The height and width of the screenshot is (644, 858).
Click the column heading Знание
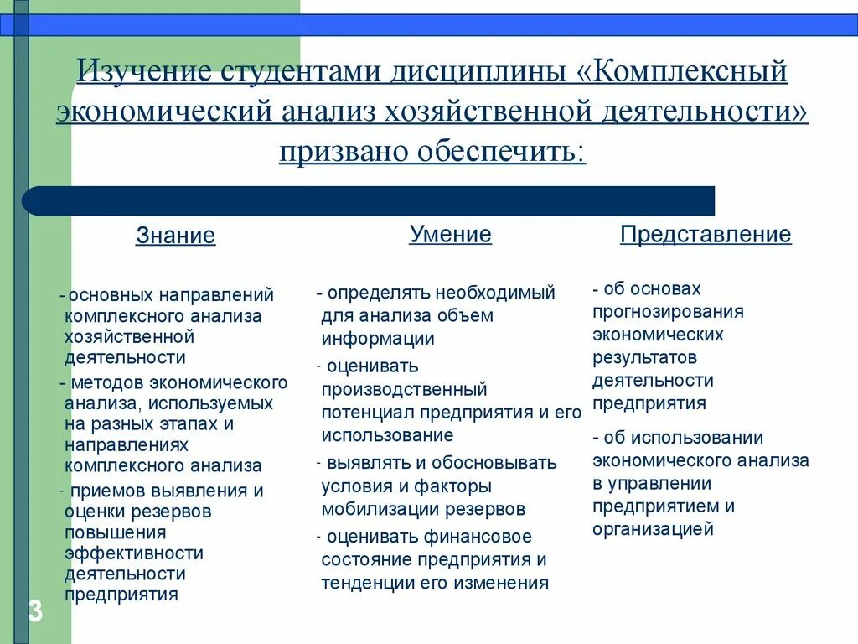[x=176, y=236]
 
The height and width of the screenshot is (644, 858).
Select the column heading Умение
[x=450, y=235]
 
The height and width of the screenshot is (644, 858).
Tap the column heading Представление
[x=706, y=235]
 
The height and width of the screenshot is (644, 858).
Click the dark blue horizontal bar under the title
[x=369, y=201]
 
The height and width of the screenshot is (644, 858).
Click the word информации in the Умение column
[x=378, y=339]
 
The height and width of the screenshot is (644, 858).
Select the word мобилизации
[x=375, y=509]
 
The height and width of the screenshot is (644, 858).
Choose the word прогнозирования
[x=668, y=312]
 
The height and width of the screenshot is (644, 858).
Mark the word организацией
[x=653, y=529]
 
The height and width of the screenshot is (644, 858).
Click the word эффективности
[x=134, y=553]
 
